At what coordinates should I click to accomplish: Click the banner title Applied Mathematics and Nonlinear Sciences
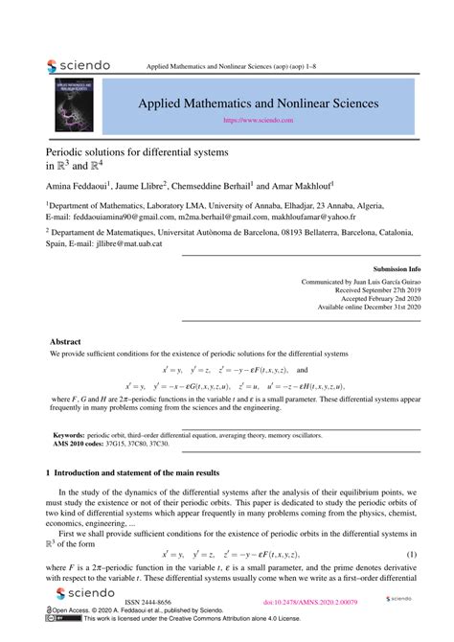(259, 103)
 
